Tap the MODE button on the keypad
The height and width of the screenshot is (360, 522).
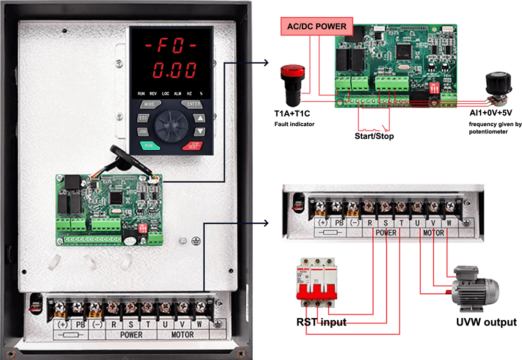pyautogui.click(x=149, y=104)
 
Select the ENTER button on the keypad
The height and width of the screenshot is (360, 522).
pyautogui.click(x=194, y=104)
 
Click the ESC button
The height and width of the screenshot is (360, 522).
pyautogui.click(x=143, y=117)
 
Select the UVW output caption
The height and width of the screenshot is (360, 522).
pyautogui.click(x=486, y=322)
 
